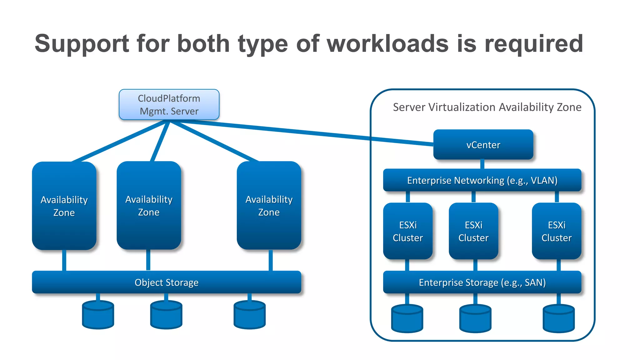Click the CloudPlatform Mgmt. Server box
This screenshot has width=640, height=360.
click(169, 104)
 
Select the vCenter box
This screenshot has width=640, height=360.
click(483, 145)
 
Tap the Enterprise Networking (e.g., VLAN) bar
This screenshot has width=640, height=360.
click(482, 180)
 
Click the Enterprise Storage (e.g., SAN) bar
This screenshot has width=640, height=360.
click(482, 282)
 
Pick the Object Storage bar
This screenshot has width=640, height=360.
click(167, 282)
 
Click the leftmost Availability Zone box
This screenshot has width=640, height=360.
click(64, 206)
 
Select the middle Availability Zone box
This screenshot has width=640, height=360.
click(149, 206)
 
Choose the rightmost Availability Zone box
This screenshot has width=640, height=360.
click(269, 206)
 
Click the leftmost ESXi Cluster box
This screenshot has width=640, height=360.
click(408, 231)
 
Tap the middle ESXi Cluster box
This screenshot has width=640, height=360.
click(473, 231)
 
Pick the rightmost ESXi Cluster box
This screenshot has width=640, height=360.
click(557, 231)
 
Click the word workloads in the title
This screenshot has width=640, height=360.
click(387, 43)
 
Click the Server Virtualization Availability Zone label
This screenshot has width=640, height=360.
click(487, 107)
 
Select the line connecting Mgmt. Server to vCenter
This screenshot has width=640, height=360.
click(300, 132)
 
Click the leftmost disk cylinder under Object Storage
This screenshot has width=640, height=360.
click(98, 315)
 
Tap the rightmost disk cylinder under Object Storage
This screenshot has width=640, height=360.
click(250, 315)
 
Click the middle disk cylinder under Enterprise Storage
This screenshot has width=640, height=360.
click(475, 319)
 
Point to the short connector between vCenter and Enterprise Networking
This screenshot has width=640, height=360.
click(482, 164)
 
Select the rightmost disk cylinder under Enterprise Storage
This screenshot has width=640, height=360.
click(559, 319)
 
